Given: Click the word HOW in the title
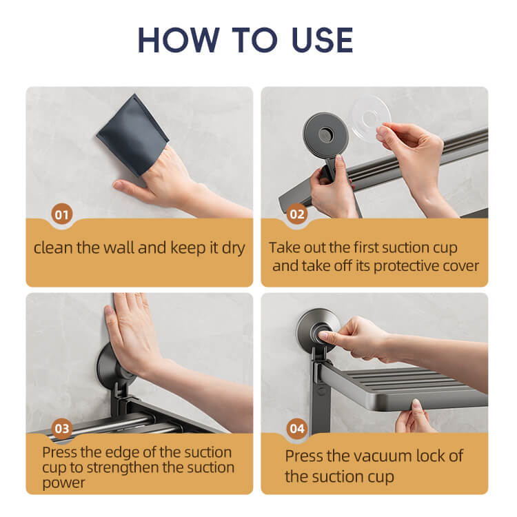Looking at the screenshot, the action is (x=179, y=40).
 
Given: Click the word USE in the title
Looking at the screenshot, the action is (x=322, y=40).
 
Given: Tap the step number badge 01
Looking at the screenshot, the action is (x=61, y=214).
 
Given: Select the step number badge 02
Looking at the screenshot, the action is (x=296, y=214).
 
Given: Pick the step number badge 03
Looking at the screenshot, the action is (x=62, y=429).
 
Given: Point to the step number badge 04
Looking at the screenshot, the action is (x=296, y=429).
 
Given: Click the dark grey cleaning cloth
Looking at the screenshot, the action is (x=132, y=134).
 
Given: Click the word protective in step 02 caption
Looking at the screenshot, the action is (x=406, y=266).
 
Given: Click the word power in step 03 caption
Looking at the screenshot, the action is (x=63, y=483).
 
